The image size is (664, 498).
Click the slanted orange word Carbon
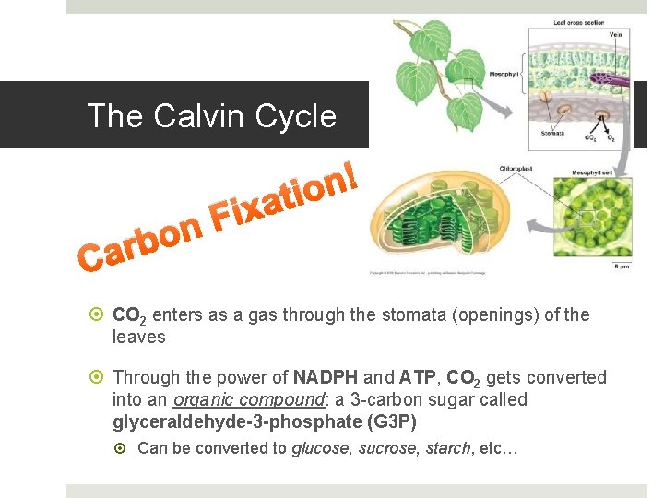138,240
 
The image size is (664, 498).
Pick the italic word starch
445,449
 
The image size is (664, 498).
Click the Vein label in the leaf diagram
615,35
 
